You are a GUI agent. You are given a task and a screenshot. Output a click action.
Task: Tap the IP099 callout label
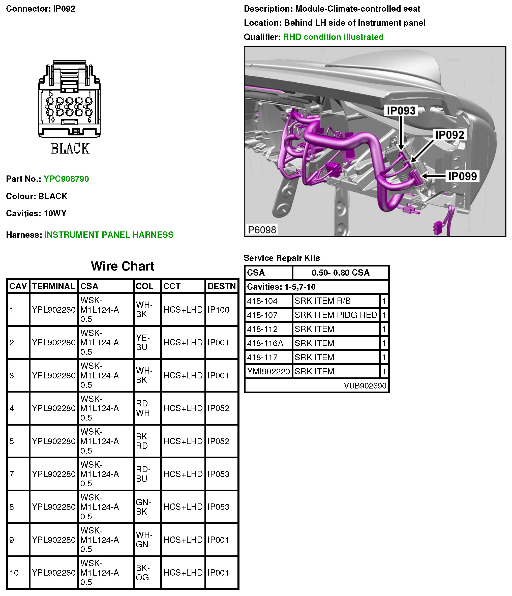pyautogui.click(x=462, y=176)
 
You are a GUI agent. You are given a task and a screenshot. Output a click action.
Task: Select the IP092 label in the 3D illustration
pyautogui.click(x=449, y=135)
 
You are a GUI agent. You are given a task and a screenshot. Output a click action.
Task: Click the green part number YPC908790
pyautogui.click(x=66, y=179)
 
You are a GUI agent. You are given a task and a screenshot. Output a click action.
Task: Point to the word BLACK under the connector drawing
pyautogui.click(x=70, y=149)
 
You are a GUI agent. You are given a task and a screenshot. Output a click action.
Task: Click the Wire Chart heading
pyautogui.click(x=123, y=266)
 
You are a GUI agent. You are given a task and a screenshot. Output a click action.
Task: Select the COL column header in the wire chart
pyautogui.click(x=144, y=286)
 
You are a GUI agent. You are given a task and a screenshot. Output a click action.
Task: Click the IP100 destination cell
pyautogui.click(x=218, y=310)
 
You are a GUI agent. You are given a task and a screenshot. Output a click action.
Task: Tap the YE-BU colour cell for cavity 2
pyautogui.click(x=143, y=342)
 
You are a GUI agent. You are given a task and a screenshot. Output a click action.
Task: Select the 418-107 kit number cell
pyautogui.click(x=262, y=315)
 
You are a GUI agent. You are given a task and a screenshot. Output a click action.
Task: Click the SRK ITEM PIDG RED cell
pyautogui.click(x=336, y=315)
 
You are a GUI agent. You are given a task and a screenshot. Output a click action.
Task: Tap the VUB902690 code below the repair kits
pyautogui.click(x=365, y=386)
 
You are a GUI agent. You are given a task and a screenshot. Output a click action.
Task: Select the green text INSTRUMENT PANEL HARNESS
pyautogui.click(x=109, y=235)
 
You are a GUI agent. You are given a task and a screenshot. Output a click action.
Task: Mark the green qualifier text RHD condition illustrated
pyautogui.click(x=333, y=37)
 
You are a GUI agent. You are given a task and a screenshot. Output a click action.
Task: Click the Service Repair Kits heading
pyautogui.click(x=282, y=258)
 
